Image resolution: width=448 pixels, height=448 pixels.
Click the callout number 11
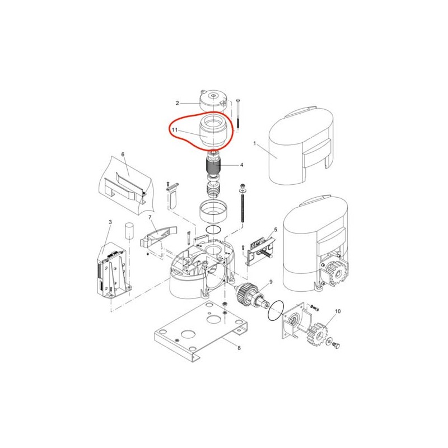[x=175, y=130]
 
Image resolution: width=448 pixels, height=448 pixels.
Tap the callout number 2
[x=178, y=103]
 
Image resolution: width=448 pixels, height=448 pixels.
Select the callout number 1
[x=255, y=143]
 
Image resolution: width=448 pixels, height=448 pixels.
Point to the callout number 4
[x=241, y=165]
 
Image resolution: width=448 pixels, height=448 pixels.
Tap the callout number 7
[x=150, y=217]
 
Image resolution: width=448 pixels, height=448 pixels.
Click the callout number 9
[x=271, y=282]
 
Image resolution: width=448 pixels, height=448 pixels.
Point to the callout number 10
[x=338, y=311]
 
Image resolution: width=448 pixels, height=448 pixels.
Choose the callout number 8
[x=239, y=348]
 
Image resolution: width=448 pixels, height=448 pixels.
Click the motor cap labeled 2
[x=213, y=101]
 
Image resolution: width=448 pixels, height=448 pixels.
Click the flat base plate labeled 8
[x=201, y=329]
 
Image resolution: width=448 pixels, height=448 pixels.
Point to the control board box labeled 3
[x=113, y=270]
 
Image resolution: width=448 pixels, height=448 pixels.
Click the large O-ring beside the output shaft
[x=276, y=311]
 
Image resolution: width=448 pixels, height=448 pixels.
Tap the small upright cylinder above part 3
[x=129, y=230]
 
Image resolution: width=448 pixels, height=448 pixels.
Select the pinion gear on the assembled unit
[x=337, y=273]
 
